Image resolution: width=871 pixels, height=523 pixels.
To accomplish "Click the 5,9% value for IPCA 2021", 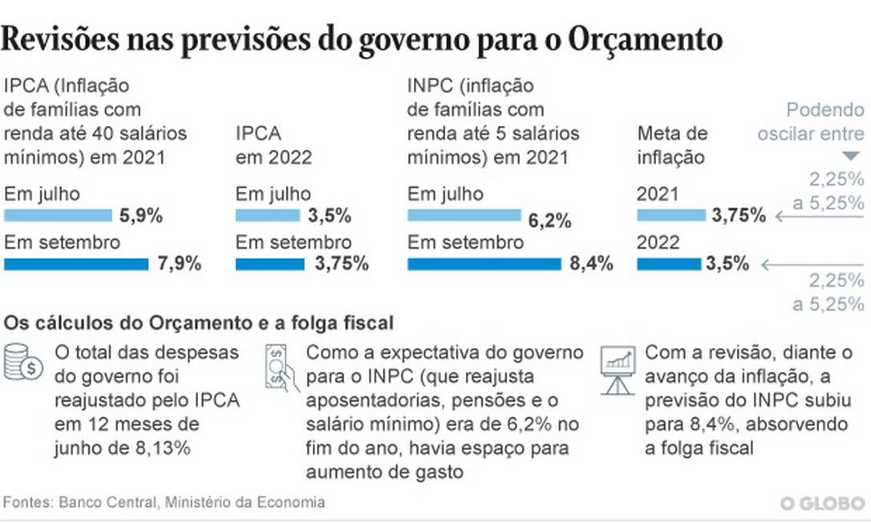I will point(141,215).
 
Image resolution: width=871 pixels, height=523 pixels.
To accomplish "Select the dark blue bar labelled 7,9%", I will point(76,263).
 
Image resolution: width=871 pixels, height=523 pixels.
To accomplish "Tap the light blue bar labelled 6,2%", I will point(464,214).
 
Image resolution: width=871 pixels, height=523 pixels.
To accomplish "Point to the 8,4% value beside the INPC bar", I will point(591,263).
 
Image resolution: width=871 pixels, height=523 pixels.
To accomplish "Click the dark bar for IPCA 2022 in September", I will point(269,263).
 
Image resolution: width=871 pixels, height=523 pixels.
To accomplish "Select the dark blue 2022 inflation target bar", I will point(669,263).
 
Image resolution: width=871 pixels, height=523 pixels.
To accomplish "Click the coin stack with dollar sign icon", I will point(24,363).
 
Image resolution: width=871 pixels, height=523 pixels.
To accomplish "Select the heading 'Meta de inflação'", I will point(672,144).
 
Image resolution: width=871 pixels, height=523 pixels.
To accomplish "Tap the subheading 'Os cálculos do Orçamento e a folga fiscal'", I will point(198,323).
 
